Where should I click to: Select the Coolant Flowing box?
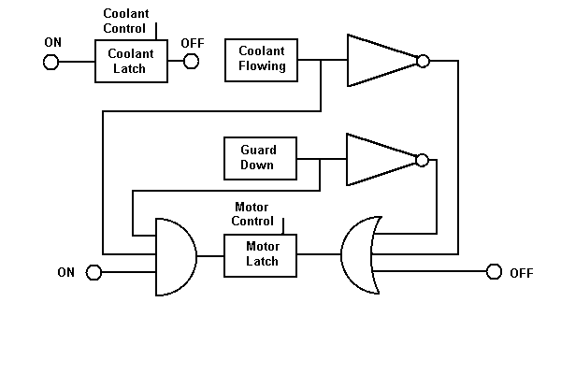261,60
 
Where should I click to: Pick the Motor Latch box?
261,253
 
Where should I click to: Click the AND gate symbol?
174,256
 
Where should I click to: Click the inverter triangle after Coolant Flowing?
381,61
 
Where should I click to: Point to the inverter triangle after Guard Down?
381,158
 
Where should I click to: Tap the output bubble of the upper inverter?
423,61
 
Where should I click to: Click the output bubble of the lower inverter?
423,159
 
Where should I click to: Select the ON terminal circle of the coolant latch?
50,62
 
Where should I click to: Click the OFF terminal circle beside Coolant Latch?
191,62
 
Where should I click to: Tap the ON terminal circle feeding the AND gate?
93,272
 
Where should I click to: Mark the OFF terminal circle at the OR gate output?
494,272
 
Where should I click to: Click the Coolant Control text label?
125,22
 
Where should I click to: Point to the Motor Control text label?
252,214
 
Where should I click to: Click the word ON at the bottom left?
65,273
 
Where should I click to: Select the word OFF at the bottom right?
521,273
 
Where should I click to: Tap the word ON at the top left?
53,43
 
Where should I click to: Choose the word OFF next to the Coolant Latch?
193,43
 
